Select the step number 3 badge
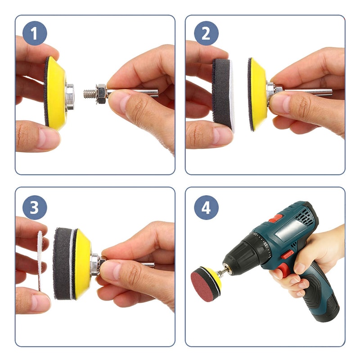tap(35, 207)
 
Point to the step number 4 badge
tap(206, 207)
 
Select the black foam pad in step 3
tap(62, 264)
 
